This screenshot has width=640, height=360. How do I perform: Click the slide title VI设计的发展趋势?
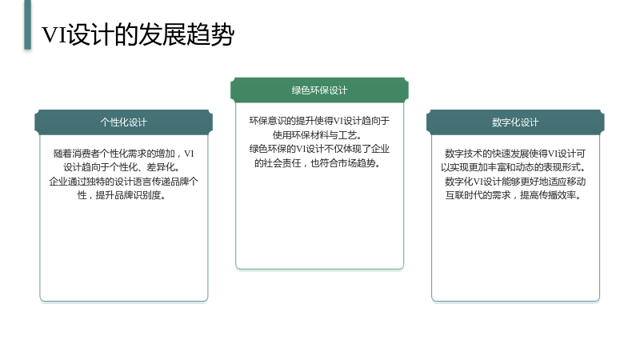tap(138, 34)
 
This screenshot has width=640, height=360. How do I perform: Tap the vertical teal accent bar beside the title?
tap(27, 25)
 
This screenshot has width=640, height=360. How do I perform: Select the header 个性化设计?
tap(124, 122)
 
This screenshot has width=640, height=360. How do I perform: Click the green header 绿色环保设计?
tap(319, 90)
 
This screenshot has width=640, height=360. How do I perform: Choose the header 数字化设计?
tap(515, 122)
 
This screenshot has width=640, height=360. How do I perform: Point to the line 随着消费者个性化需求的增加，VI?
tap(124, 154)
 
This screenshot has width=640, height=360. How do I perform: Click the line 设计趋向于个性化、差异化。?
tap(122, 167)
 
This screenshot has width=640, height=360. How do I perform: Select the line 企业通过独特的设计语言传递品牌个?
tap(124, 182)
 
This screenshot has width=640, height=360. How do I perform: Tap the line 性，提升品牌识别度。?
tap(122, 195)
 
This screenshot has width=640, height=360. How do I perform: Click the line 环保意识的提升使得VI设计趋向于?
tap(319, 121)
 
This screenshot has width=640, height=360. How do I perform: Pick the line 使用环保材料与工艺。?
tap(318, 134)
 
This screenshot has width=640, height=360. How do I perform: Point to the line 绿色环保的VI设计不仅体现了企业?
tap(319, 149)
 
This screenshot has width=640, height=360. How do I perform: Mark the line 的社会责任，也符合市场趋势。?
tap(318, 163)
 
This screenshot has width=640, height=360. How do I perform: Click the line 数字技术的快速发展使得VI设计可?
tap(515, 154)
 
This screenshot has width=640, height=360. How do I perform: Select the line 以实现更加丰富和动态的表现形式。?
tap(514, 167)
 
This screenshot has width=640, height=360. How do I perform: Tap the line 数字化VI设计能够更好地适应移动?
tap(515, 182)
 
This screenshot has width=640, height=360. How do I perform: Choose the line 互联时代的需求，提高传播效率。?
tap(514, 195)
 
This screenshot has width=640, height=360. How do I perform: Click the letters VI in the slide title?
tap(54, 34)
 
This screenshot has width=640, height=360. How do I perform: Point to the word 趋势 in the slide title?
tap(210, 34)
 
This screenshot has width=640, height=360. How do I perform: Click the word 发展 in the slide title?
tap(162, 34)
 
